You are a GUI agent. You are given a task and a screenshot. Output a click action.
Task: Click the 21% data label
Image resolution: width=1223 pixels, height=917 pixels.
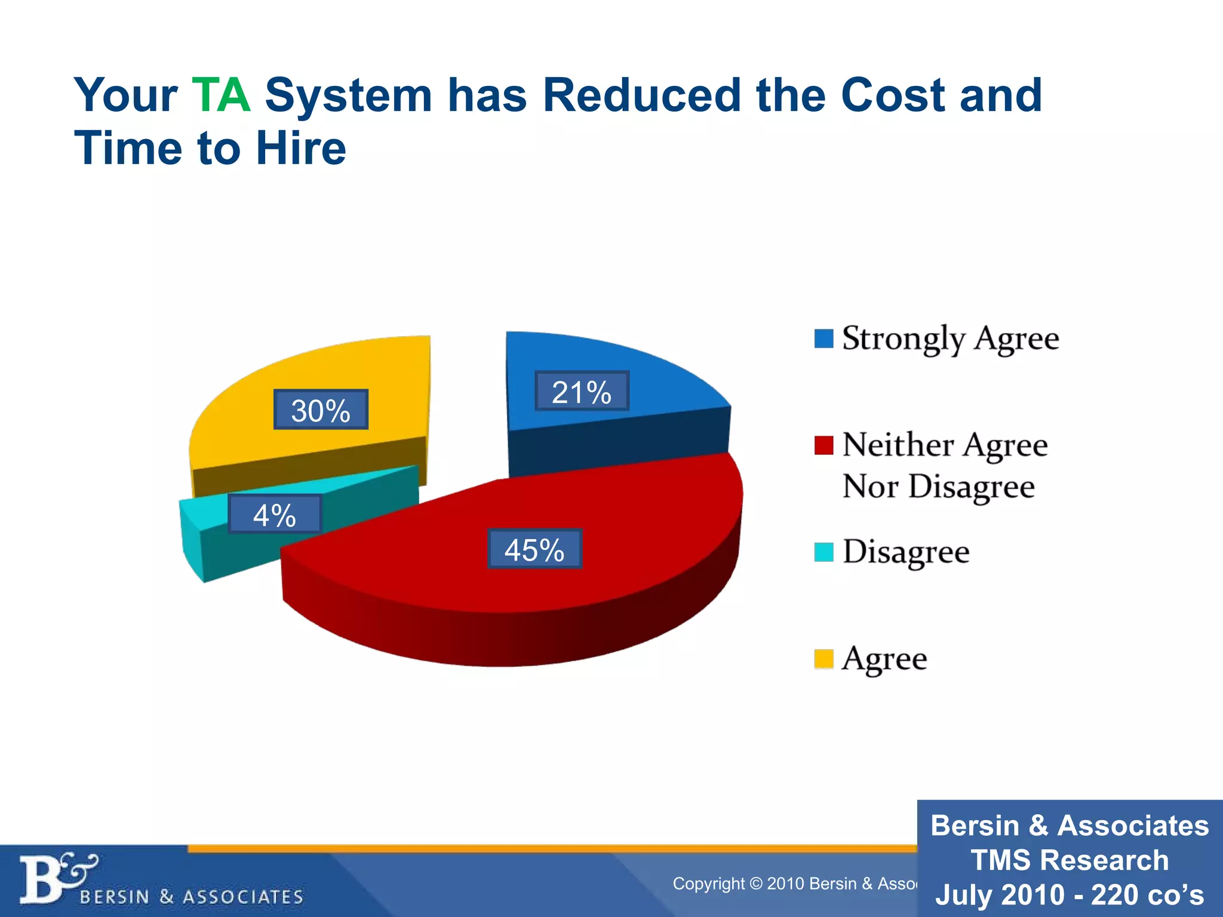[582, 392]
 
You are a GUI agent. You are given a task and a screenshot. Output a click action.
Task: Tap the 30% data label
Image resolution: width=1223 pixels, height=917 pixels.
[321, 410]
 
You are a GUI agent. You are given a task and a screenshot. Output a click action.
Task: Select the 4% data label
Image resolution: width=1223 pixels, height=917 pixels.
[275, 515]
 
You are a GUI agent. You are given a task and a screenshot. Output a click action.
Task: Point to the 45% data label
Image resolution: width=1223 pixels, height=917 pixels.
[534, 549]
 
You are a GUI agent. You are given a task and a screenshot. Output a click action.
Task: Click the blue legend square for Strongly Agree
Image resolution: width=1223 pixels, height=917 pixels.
[823, 339]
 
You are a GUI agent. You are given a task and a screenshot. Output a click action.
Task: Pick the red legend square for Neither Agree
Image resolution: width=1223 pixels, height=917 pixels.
[823, 445]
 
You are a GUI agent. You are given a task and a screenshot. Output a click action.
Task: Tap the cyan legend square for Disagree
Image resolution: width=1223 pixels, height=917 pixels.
[823, 552]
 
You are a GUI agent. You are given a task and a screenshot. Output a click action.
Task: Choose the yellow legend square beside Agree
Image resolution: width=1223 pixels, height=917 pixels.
[823, 659]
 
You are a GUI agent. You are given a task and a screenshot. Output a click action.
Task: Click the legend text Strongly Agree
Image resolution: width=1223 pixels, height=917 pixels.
[950, 339]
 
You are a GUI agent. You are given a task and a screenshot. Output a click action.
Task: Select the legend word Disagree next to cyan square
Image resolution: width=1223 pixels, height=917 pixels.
[906, 552]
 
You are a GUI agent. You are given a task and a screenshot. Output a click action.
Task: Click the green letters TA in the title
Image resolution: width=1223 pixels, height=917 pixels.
[221, 96]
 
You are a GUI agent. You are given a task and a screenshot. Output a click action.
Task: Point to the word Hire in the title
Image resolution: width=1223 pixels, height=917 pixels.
[301, 148]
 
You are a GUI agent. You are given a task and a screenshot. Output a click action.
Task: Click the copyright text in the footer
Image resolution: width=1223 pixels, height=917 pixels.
[794, 884]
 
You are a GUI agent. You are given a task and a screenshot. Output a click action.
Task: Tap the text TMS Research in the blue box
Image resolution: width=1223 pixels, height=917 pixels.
[1070, 860]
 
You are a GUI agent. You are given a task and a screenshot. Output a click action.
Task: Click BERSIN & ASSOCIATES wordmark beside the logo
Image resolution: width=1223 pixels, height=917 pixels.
[191, 897]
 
